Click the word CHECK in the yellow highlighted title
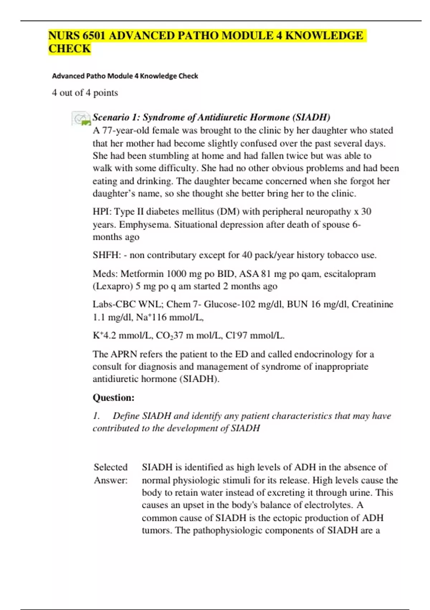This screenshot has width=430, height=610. point(70,49)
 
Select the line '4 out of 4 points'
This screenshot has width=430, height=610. point(85,93)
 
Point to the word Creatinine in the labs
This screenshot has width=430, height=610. point(372,304)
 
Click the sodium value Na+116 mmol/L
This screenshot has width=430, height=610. point(170,317)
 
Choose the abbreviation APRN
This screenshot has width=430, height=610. point(124,354)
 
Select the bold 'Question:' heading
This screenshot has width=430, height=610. point(114,398)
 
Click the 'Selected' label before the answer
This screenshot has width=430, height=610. point(111,467)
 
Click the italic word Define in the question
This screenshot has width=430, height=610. point(126,416)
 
